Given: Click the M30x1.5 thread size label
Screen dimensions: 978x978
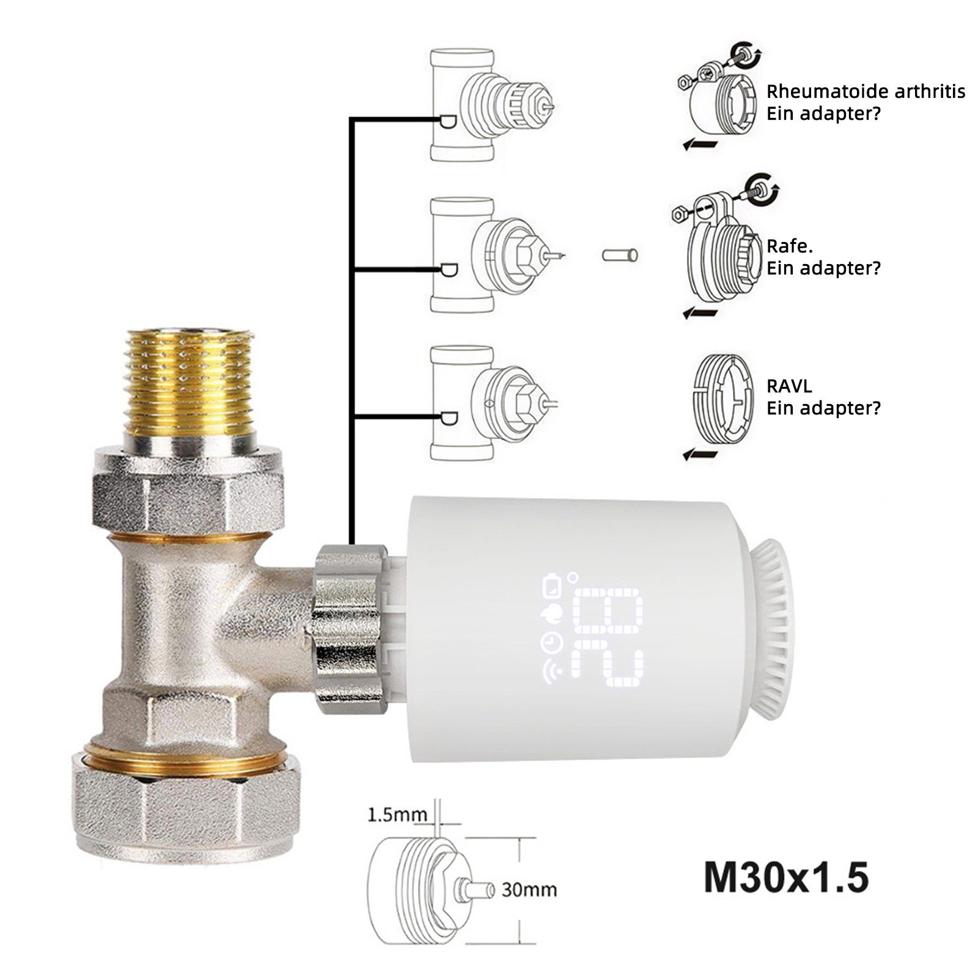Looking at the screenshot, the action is [785, 878].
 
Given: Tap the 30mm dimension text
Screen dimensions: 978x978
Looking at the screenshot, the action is [529, 889].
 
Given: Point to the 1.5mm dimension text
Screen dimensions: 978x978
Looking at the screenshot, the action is [397, 815].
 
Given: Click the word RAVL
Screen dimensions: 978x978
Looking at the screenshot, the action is [789, 386].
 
